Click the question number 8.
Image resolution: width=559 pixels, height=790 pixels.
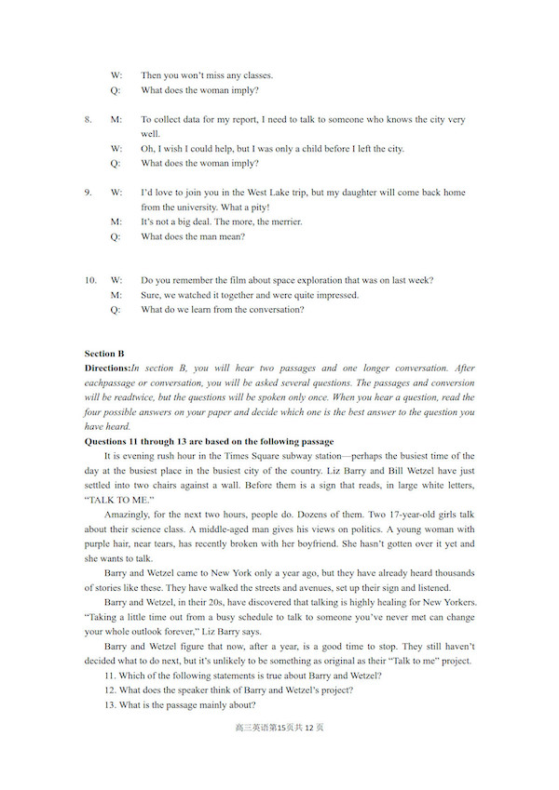(x=88, y=120)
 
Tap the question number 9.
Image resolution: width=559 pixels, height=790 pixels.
(x=88, y=193)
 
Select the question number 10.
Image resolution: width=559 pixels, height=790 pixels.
(x=89, y=280)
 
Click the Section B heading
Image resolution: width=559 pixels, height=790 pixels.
(x=104, y=354)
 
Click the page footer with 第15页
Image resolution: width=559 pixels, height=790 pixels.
(x=279, y=727)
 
